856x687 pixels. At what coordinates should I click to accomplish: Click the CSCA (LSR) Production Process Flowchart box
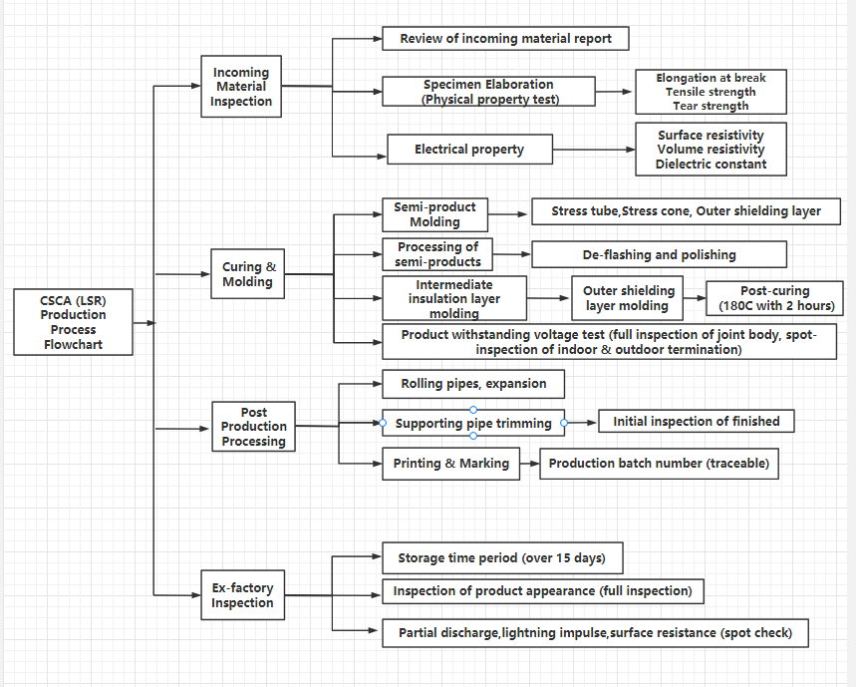pyautogui.click(x=73, y=322)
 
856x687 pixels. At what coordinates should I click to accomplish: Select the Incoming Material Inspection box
pyautogui.click(x=241, y=87)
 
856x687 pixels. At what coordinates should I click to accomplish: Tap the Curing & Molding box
pyautogui.click(x=248, y=274)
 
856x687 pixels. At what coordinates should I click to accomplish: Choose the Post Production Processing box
pyautogui.click(x=254, y=427)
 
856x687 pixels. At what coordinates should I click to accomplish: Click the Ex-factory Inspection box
pyautogui.click(x=243, y=595)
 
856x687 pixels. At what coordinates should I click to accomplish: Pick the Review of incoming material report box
pyautogui.click(x=505, y=39)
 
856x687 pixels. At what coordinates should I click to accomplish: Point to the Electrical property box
pyautogui.click(x=470, y=150)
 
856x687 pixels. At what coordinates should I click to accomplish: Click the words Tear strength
pyautogui.click(x=711, y=106)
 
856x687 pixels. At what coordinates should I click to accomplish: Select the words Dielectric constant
pyautogui.click(x=711, y=165)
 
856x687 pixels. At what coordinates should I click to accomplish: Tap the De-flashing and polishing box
pyautogui.click(x=660, y=254)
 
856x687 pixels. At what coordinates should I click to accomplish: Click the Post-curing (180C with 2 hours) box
pyautogui.click(x=774, y=298)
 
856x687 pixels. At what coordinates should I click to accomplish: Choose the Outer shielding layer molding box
pyautogui.click(x=627, y=298)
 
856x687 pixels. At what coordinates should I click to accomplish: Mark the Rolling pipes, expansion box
pyautogui.click(x=473, y=384)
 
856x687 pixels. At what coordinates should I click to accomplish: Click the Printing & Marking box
pyautogui.click(x=451, y=464)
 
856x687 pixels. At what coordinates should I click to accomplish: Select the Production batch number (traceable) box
pyautogui.click(x=659, y=464)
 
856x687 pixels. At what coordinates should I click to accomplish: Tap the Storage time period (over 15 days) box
pyautogui.click(x=502, y=558)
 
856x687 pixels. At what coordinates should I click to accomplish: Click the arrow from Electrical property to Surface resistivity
pyautogui.click(x=594, y=150)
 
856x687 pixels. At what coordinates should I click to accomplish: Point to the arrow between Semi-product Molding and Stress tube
pyautogui.click(x=507, y=214)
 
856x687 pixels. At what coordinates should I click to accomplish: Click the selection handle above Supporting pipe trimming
pyautogui.click(x=473, y=410)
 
